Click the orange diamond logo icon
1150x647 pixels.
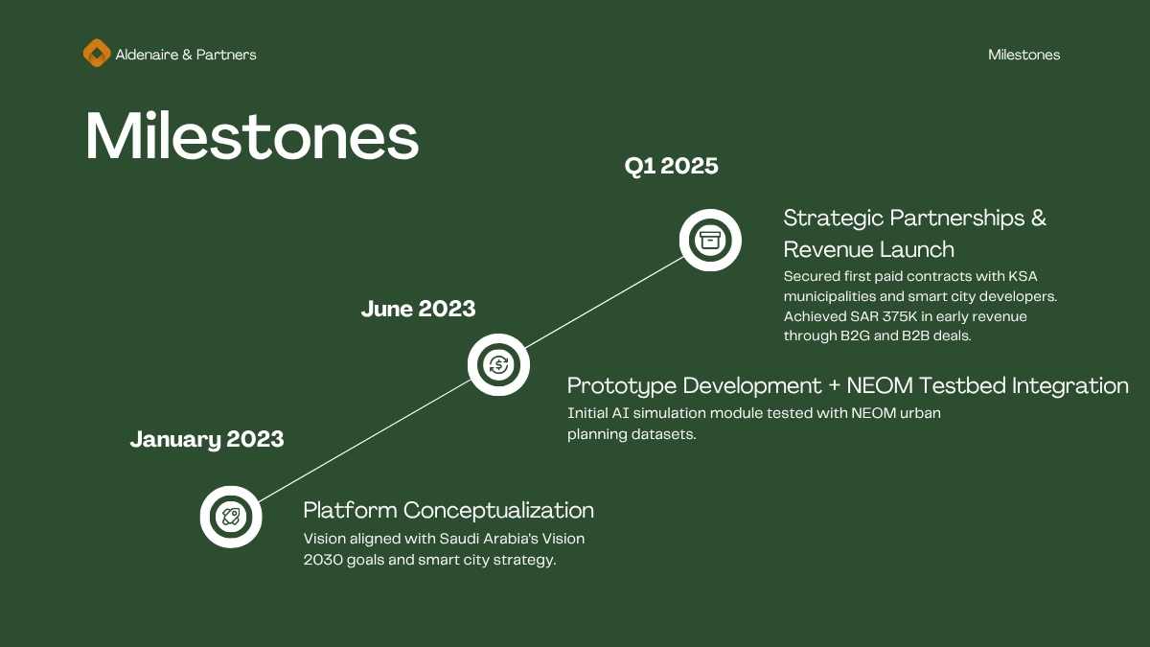(x=97, y=53)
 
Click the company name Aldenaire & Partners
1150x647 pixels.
(x=186, y=55)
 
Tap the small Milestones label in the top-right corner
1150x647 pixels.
(x=1023, y=55)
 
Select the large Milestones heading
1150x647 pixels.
(x=252, y=136)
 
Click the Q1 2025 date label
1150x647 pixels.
(x=671, y=167)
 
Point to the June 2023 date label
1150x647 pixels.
(x=418, y=309)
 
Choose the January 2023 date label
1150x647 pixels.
(x=207, y=440)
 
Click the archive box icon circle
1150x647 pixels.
(x=710, y=240)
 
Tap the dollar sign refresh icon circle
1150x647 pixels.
(x=498, y=364)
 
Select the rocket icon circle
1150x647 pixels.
(x=231, y=517)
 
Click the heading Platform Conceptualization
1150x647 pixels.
(x=448, y=510)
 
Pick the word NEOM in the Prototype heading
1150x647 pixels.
(x=880, y=385)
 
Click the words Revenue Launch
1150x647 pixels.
(x=868, y=250)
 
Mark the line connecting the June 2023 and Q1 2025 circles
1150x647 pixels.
(x=605, y=303)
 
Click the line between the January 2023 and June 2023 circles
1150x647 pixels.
(x=364, y=441)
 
